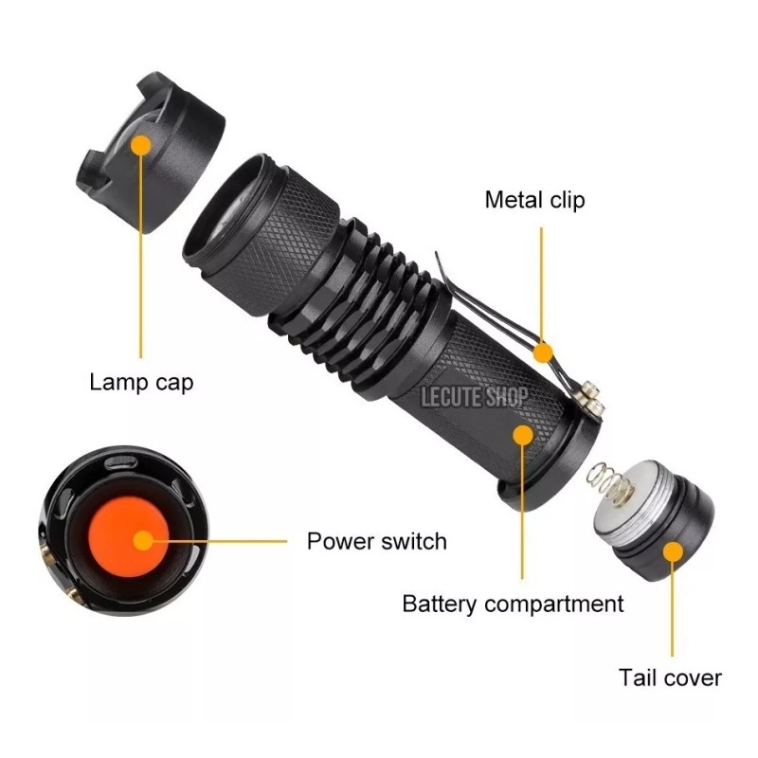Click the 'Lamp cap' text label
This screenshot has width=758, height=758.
pos(141,383)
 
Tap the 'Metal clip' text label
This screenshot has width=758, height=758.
pos(534,200)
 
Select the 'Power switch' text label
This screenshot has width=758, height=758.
pos(376,542)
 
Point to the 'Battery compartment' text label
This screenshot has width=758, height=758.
pos(513,604)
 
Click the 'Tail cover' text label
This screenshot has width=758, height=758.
pos(670,677)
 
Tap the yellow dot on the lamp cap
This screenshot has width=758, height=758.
pos(141,145)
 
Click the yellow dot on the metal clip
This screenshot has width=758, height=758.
pos(543,352)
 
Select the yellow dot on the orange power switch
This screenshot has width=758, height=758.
pos(143,541)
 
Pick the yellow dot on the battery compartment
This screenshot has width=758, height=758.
pos(522,433)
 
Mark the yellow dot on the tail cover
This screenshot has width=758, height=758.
pos(672,552)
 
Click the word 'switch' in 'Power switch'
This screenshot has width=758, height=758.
pos(412,542)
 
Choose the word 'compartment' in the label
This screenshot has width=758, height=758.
pos(554,604)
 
